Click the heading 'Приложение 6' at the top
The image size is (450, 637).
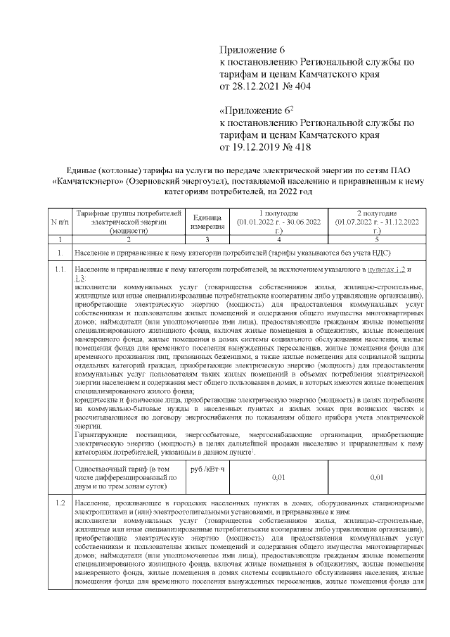point(254,50)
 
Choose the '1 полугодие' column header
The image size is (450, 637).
point(278,213)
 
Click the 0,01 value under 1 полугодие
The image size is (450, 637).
point(278,478)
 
